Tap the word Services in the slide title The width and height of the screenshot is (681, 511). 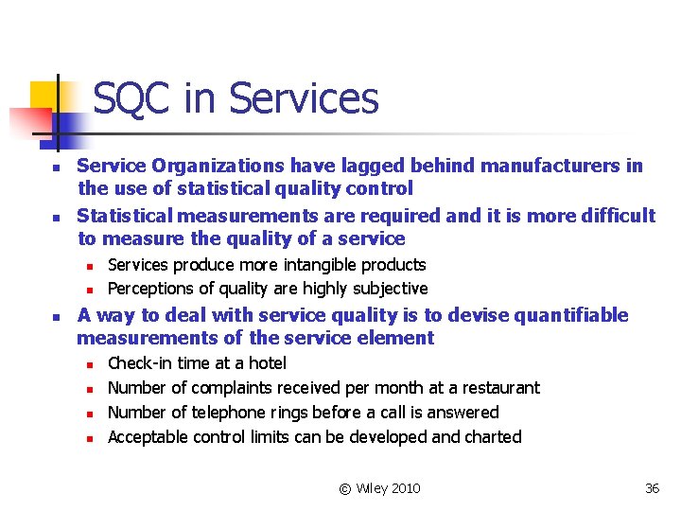pos(304,98)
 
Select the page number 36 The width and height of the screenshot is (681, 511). pos(652,488)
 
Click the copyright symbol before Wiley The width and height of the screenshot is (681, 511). pos(344,488)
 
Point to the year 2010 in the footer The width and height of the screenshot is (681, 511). pos(404,488)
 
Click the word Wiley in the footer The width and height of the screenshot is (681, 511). pos(370,488)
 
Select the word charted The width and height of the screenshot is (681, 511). pos(491,437)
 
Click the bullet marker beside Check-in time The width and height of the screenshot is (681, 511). pos(87,364)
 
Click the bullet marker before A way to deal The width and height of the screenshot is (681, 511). pos(56,316)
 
